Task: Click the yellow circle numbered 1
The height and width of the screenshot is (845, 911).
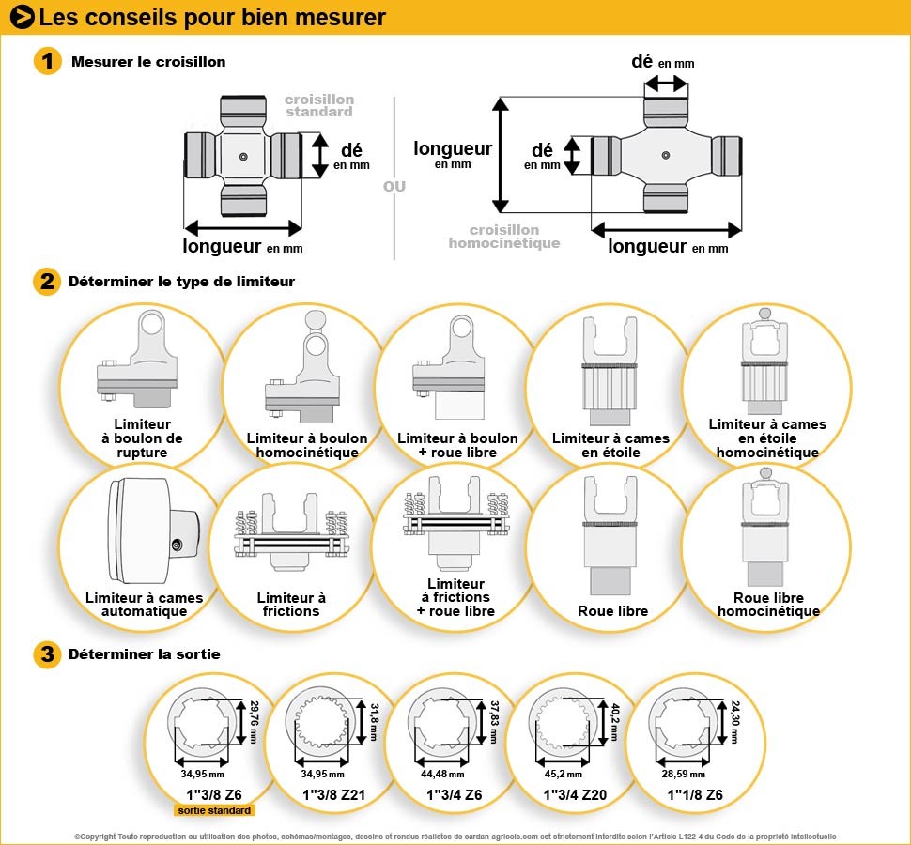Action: point(48,62)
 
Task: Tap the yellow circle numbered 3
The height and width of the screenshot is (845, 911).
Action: point(48,654)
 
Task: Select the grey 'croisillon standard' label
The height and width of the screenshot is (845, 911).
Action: point(319,105)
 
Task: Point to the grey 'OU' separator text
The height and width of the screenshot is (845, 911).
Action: point(394,186)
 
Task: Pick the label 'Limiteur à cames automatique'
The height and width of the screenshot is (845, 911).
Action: point(144,605)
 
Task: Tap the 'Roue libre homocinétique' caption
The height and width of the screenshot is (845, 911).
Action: point(768,605)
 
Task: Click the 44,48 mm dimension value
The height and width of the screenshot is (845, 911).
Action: point(441,774)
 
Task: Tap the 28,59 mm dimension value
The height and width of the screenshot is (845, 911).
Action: point(680,774)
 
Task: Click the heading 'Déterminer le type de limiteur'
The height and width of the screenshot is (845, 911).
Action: point(181,281)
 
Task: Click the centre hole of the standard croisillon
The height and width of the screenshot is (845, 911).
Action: point(243,156)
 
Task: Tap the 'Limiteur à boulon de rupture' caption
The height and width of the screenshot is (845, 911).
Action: point(142,438)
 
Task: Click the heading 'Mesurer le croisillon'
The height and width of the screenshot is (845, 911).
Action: point(148,62)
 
